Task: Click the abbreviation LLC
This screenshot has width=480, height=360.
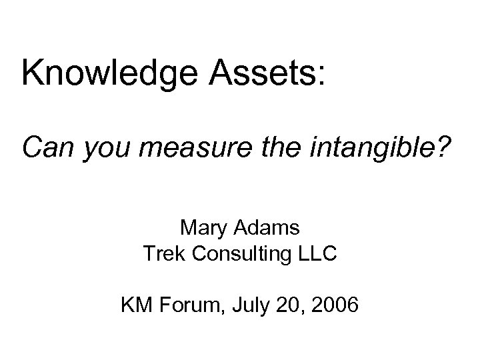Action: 317,254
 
